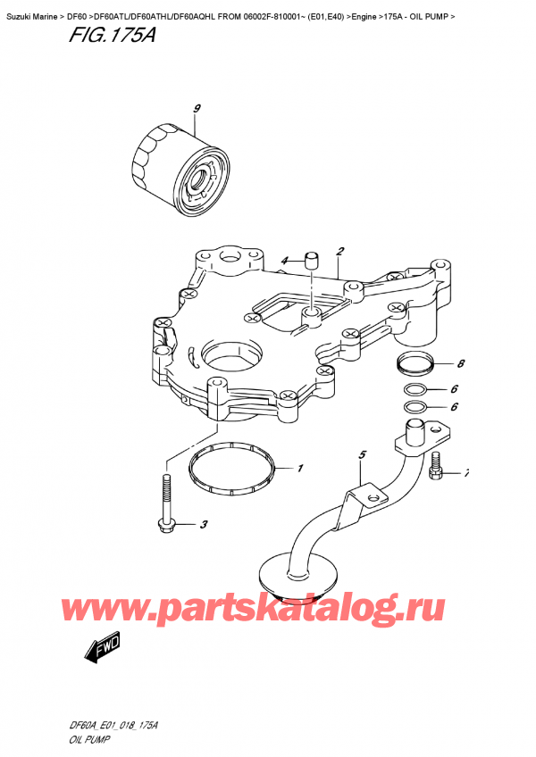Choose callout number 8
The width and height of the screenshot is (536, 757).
(460, 364)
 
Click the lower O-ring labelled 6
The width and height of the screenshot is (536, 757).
(414, 408)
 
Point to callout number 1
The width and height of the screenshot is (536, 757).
(300, 468)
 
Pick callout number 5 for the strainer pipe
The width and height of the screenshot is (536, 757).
(363, 455)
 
